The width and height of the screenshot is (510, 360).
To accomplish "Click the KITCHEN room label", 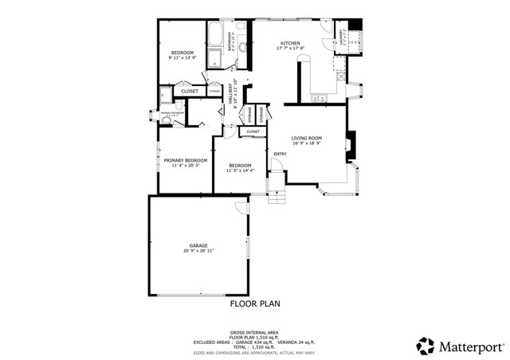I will pos(289,43).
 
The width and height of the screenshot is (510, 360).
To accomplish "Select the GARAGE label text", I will pos(198,245).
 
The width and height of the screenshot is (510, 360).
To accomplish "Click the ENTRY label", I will pos(280,154).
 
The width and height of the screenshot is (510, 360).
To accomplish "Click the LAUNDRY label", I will pos(343,36).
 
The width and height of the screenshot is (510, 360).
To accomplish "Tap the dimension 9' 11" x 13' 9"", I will pos(182,57).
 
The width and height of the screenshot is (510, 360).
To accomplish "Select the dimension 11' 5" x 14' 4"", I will pos(240,170).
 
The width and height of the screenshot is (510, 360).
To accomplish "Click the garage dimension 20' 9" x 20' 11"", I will pos(198,251).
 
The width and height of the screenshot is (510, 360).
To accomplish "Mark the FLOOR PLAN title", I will pos(255,303).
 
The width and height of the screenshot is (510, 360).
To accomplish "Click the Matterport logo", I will pos(461,346).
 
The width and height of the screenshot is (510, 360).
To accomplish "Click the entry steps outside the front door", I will pos(275,197).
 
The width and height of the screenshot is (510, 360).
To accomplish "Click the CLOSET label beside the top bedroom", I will pos(190,92).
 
